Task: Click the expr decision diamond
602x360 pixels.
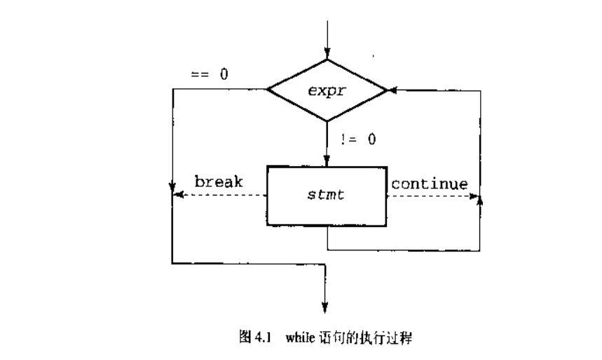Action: [327, 90]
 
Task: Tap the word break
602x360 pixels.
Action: [219, 183]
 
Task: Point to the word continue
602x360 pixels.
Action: [429, 184]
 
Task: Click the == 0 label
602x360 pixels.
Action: [209, 74]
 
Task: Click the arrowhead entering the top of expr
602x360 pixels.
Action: [327, 53]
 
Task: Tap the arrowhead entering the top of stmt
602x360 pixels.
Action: [327, 160]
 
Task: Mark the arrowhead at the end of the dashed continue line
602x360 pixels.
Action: [475, 197]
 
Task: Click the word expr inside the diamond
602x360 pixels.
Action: [327, 90]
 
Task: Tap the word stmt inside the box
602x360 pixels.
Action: [327, 197]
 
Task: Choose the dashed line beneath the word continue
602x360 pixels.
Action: [429, 197]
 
